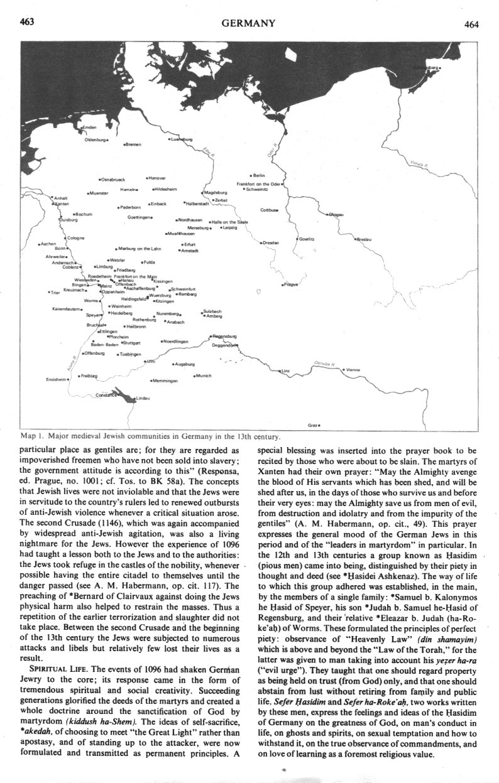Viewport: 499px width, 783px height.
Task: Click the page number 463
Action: [x=26, y=23]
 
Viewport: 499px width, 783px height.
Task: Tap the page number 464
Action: [x=472, y=25]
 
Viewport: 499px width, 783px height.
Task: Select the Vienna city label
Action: [x=352, y=369]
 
